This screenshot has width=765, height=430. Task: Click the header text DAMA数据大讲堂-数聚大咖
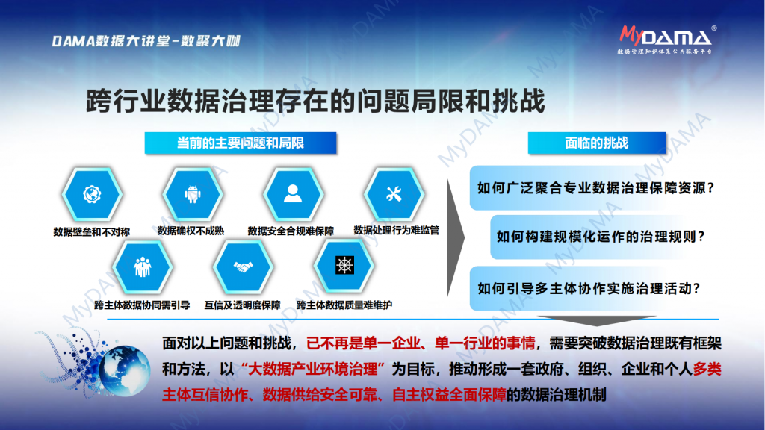tap(146, 41)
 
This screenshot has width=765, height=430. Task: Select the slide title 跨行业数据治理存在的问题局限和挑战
tap(315, 101)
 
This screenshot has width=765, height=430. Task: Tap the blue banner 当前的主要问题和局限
tap(241, 143)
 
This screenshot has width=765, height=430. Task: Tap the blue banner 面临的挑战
tap(597, 143)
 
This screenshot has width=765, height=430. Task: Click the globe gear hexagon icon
tap(92, 194)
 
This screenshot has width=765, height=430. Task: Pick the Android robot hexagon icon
tap(193, 194)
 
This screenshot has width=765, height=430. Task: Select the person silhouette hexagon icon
tap(293, 194)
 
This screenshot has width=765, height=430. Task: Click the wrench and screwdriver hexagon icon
tap(394, 194)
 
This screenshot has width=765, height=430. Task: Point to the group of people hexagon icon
tap(143, 267)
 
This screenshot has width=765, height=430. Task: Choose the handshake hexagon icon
tap(243, 267)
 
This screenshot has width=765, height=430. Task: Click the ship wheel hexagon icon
tap(344, 266)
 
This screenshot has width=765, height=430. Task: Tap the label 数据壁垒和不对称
tap(92, 232)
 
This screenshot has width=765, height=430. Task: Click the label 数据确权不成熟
tap(191, 231)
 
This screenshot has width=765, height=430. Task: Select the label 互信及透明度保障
tap(243, 305)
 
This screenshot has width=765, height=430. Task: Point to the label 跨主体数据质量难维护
tap(344, 305)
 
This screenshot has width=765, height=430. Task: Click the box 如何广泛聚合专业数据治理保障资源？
tap(595, 187)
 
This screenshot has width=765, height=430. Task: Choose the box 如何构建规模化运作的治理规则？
tap(601, 237)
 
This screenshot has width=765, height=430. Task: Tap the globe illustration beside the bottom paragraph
tap(125, 370)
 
